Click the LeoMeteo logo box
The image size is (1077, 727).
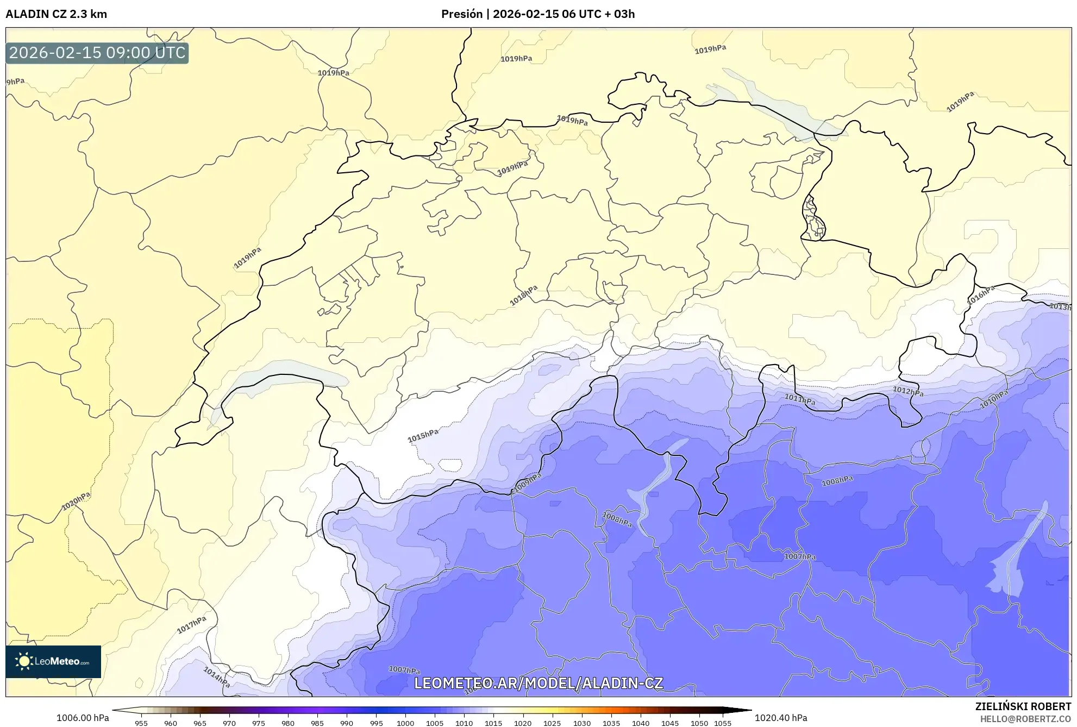pos(53,661)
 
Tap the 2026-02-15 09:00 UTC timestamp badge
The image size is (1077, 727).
pos(97,53)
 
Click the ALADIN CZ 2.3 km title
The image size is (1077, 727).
pos(57,14)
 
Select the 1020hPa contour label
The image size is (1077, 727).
pos(76,501)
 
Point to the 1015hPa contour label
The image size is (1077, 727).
pos(423,435)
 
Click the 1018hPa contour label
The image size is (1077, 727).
pos(523,295)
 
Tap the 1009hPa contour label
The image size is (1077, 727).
pos(528,481)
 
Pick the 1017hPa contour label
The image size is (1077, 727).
pos(192,625)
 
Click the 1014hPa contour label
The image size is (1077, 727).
pos(217,677)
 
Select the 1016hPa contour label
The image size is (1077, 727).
pos(981,295)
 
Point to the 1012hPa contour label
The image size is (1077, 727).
pos(908,391)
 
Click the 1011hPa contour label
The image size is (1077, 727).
pos(800,400)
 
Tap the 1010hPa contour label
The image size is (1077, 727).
pos(994,399)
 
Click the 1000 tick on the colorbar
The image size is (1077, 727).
pos(405,723)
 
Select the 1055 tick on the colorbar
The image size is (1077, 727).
pos(723,723)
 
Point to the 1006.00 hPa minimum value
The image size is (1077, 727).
pos(83,718)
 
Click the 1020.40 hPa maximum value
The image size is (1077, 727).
pos(781,718)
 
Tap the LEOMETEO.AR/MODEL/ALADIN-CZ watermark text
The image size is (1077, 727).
pos(538,683)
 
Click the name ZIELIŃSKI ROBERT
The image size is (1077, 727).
pos(1023,706)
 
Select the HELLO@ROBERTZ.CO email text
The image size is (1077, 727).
pos(1025,719)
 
